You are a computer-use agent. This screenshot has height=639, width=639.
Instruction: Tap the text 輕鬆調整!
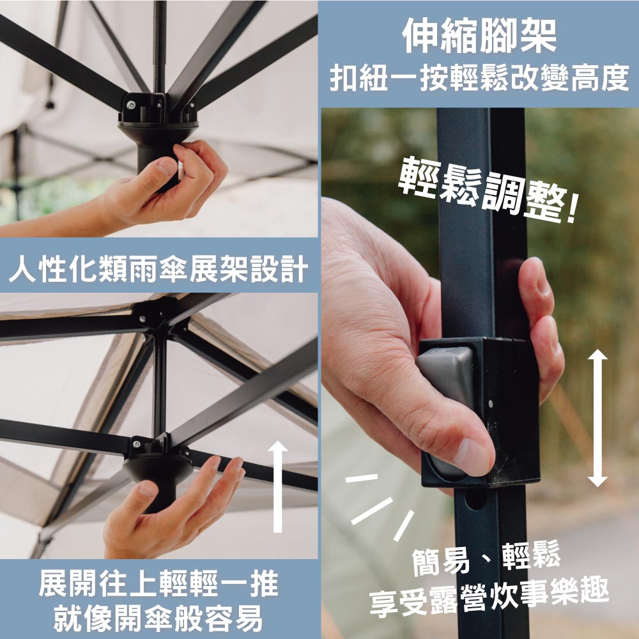[x=487, y=190]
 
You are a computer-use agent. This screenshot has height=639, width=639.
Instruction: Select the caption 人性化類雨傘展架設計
[x=158, y=269]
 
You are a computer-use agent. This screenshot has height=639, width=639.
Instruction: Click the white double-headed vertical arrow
[x=597, y=418]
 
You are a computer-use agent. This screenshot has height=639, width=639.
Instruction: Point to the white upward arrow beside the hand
[x=278, y=486]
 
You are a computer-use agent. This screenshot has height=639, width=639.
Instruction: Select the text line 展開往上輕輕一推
[x=158, y=583]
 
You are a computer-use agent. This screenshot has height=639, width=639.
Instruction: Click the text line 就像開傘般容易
[x=158, y=618]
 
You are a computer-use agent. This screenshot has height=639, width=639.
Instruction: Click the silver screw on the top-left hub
[x=130, y=105]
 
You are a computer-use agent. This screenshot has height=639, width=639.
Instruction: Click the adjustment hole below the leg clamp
[x=475, y=498]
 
